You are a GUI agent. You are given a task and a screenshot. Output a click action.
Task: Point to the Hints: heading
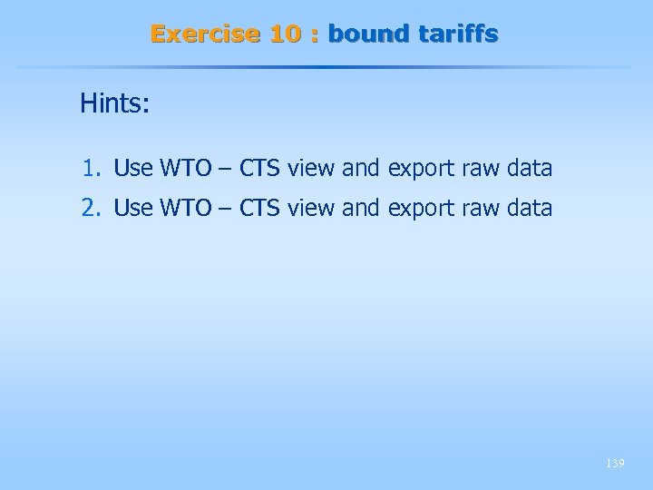[x=114, y=103]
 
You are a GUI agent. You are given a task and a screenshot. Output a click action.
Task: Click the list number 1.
[x=89, y=169]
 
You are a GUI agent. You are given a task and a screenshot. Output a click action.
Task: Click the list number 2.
[x=89, y=208]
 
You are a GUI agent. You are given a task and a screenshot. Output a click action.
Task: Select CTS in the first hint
[x=259, y=169]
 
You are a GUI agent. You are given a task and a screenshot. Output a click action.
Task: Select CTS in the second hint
[x=259, y=208]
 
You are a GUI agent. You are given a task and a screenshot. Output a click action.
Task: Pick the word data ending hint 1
[x=529, y=169]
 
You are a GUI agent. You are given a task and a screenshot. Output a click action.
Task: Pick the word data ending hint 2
[x=529, y=208]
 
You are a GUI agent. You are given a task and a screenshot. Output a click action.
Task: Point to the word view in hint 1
[x=309, y=169]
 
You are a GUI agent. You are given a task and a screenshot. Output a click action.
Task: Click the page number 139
[x=615, y=464]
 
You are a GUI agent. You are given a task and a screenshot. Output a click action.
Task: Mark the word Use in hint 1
[x=133, y=169]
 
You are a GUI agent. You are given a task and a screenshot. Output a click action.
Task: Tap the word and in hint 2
[x=361, y=208]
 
